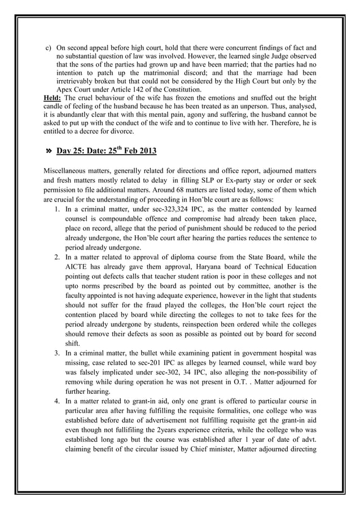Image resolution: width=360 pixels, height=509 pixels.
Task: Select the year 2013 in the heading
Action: pyautogui.click(x=144, y=151)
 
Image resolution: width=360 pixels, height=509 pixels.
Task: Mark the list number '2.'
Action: pyautogui.click(x=58, y=257)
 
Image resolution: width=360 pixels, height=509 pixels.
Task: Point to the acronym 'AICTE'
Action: pyautogui.click(x=78, y=267)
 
